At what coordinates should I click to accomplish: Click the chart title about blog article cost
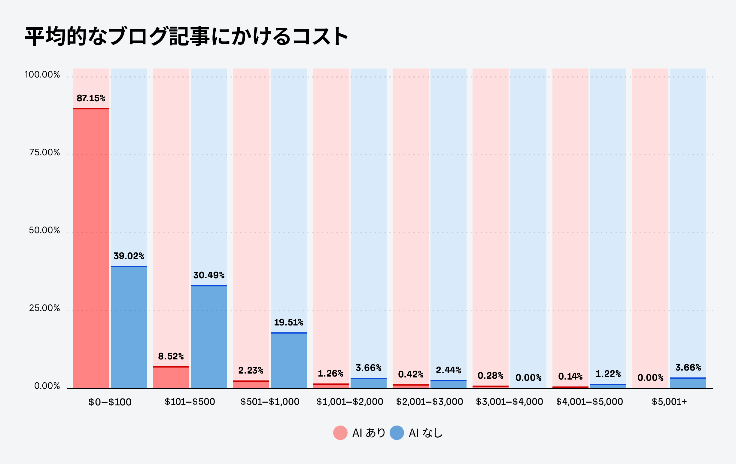pos(187,36)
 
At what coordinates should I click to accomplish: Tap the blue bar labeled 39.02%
pos(129,327)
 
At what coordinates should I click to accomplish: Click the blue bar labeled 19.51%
pos(288,360)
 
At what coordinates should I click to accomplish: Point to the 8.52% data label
pos(171,356)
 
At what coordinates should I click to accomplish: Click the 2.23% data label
pos(251,371)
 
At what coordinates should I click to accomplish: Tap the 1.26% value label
pos(330,374)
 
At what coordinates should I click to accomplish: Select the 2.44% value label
pos(449,370)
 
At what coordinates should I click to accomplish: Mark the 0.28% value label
pos(490,375)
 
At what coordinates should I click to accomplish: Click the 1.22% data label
pos(608,374)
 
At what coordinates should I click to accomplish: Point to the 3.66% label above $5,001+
pos(688,368)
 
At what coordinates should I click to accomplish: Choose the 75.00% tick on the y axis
pos(45,153)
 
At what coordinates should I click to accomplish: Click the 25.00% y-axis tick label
pos(45,308)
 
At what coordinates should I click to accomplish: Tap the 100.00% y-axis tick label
pos(42,75)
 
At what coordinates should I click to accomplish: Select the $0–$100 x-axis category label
pos(110,402)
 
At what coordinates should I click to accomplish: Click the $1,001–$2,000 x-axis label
pos(350,402)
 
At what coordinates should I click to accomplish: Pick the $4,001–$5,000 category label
pos(589,402)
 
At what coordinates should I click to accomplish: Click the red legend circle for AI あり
pos(340,433)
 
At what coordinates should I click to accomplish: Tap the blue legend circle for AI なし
pos(397,433)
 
